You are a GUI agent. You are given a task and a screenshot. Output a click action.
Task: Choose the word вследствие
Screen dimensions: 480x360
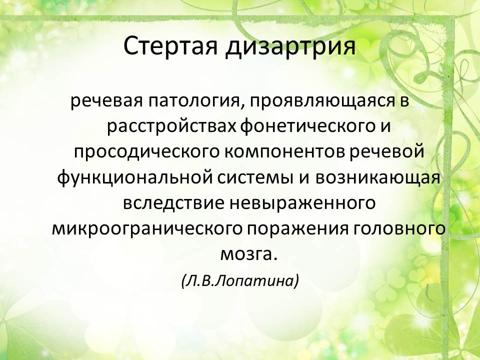click(x=173, y=203)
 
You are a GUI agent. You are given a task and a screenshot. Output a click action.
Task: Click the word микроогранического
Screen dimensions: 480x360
click(x=147, y=229)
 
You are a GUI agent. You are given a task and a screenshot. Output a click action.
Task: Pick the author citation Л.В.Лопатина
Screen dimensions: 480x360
click(x=239, y=280)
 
